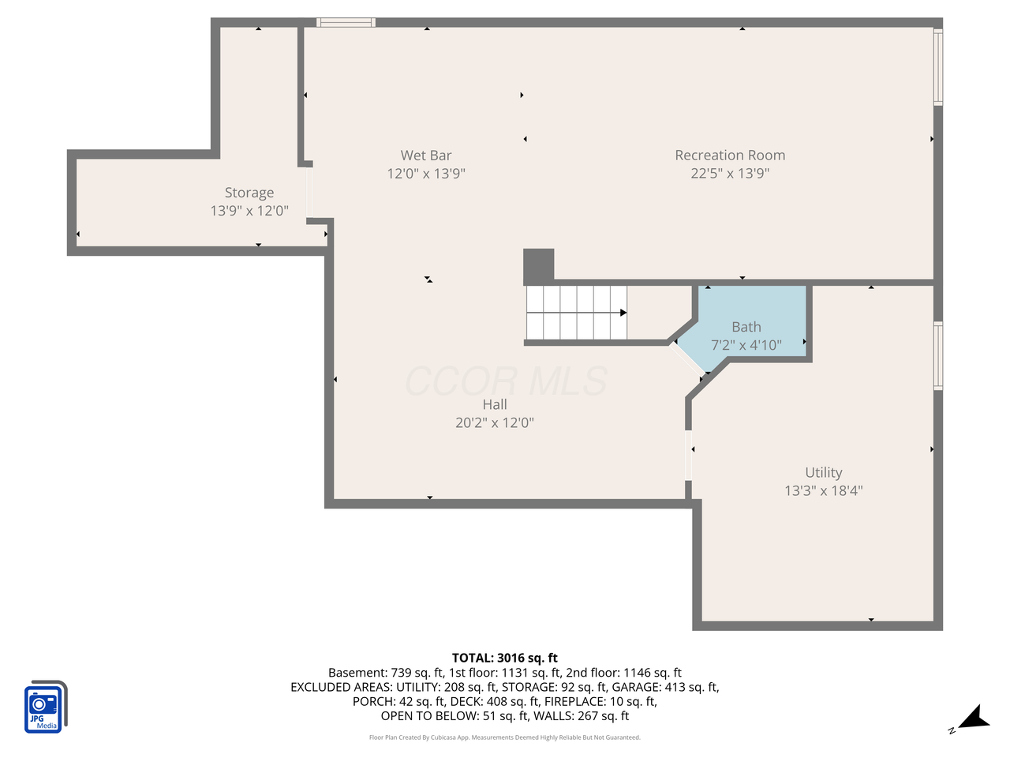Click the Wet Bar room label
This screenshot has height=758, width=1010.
coord(425,156)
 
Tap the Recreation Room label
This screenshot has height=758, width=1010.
coord(730,156)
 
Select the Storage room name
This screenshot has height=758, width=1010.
coord(249,193)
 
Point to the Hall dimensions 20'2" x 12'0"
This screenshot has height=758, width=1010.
coord(495,422)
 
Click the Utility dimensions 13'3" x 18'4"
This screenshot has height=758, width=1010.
coord(823,490)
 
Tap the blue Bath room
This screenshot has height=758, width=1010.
coord(750,316)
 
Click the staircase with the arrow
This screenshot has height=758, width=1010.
coord(577,313)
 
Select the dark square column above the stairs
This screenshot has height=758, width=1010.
coord(539,266)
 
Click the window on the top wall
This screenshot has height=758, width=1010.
coord(346,23)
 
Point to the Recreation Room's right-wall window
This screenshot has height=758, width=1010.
coord(938,67)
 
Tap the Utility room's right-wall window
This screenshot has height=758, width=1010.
coord(938,355)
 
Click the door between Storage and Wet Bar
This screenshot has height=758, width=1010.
coord(309,193)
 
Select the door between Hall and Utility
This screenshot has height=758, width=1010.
coord(689,456)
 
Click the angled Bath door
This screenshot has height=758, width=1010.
coord(687,358)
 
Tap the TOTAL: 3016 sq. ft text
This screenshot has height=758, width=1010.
coord(505,658)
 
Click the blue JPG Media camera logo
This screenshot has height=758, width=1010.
coord(45,707)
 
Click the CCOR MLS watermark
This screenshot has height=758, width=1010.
coord(506,382)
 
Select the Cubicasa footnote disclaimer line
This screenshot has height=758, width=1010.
coord(505,737)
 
